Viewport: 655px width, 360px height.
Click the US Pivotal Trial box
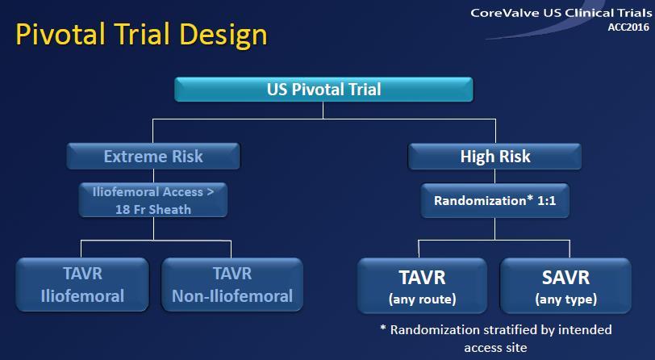coord(323,89)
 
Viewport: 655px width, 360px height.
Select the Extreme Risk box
coord(153,157)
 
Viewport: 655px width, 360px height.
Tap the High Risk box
coord(495,157)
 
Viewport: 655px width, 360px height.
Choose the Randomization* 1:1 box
coord(495,200)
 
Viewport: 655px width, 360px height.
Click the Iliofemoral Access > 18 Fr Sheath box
coord(153,200)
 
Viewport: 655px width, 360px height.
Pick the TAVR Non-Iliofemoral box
coord(232,285)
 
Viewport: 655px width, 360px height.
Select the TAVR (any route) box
coord(423,286)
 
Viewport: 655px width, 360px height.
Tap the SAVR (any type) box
coord(565,286)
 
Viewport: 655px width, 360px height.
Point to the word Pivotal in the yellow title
coord(60,34)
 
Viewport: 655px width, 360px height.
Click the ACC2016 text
coord(628,27)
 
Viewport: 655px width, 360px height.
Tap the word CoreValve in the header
coord(505,13)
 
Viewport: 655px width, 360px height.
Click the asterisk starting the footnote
coord(383,329)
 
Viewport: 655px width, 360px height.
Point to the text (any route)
coord(423,299)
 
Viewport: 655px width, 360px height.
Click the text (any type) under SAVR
coord(566,299)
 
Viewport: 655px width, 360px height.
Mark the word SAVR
coord(565,278)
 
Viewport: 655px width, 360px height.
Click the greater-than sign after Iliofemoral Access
coord(210,192)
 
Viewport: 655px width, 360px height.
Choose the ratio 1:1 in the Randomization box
coord(546,201)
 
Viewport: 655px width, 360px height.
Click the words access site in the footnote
coord(495,348)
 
